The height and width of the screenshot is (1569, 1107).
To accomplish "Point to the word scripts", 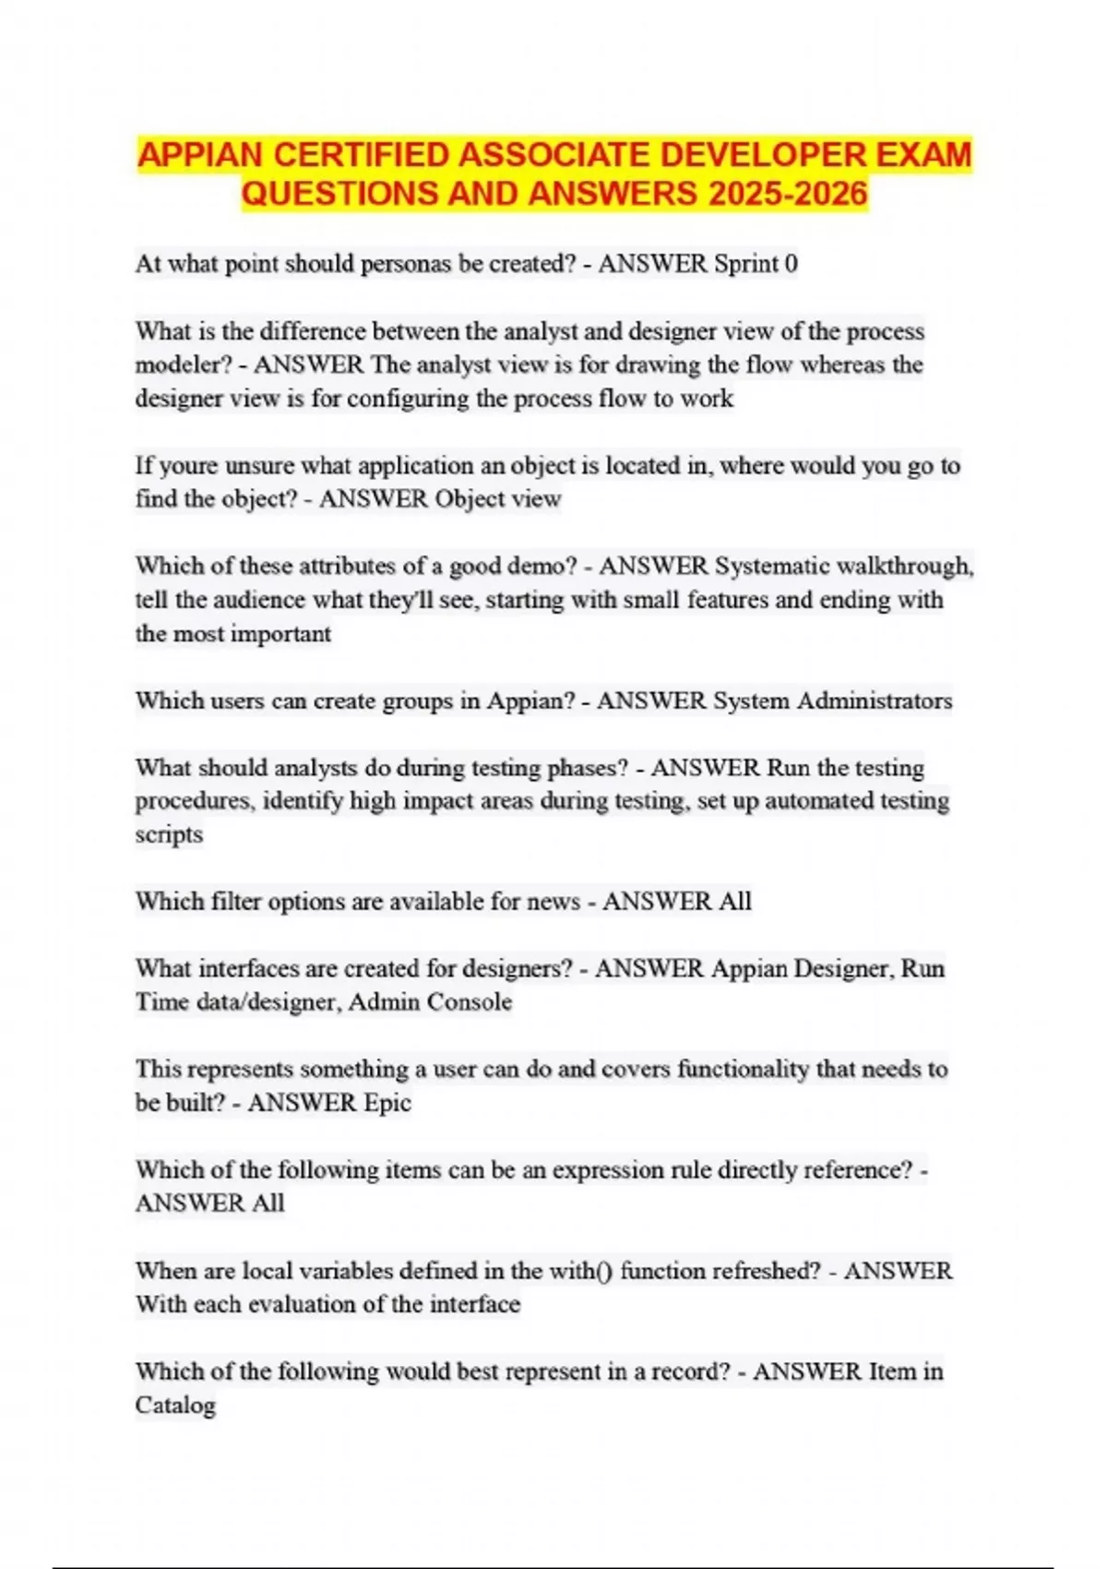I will tap(169, 834).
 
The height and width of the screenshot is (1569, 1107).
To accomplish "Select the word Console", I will tap(469, 1002).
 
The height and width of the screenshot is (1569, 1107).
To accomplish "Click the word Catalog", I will tap(175, 1406).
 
